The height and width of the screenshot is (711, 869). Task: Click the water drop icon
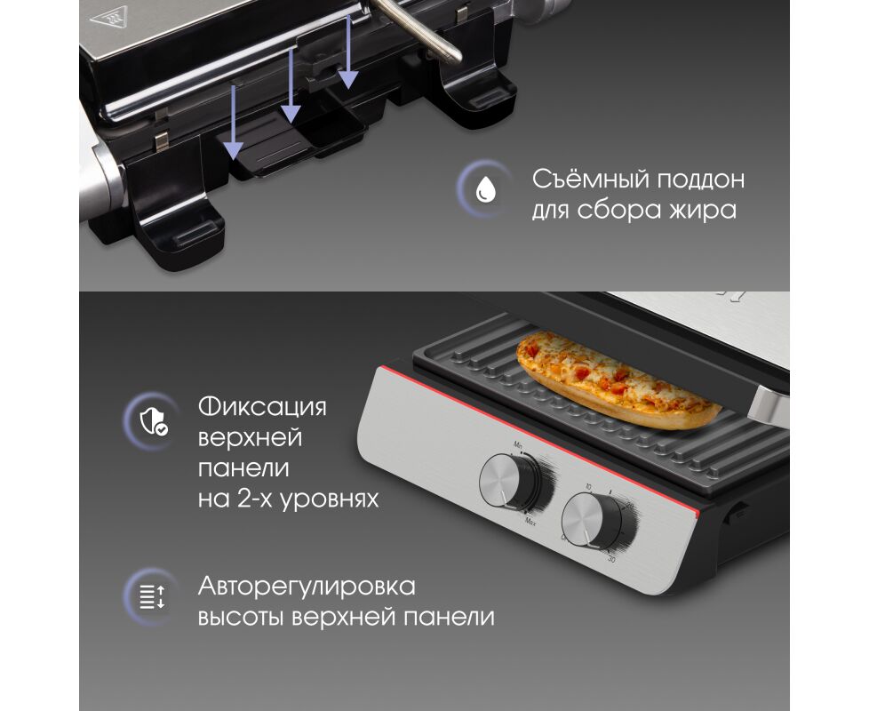(x=486, y=189)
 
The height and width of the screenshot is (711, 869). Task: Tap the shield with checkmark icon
(x=154, y=422)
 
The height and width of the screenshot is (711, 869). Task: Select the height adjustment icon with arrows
(x=153, y=597)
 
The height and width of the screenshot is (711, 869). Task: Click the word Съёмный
(x=590, y=179)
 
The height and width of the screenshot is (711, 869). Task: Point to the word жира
(x=704, y=211)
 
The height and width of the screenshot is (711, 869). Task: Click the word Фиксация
(x=262, y=407)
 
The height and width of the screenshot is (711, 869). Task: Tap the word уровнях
(x=329, y=499)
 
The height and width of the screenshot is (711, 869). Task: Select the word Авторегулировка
(x=307, y=587)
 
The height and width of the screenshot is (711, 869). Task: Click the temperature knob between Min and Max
(x=509, y=481)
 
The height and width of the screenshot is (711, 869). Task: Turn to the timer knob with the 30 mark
(x=592, y=521)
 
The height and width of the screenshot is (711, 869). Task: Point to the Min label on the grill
(x=518, y=445)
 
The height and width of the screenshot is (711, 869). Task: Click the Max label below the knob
(x=530, y=521)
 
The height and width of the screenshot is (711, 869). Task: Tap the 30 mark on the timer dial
(x=612, y=560)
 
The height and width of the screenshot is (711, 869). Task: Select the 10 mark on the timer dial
(x=588, y=486)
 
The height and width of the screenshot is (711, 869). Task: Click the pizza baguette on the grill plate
(x=618, y=379)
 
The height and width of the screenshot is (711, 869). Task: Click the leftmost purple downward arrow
(x=234, y=121)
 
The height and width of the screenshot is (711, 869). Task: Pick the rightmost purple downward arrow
(x=347, y=52)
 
